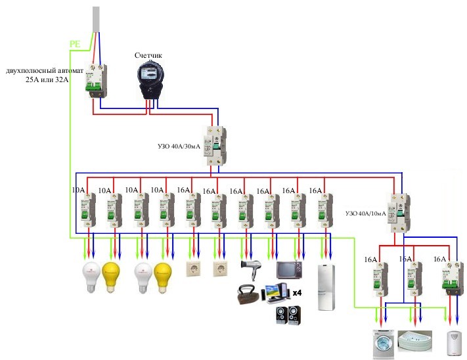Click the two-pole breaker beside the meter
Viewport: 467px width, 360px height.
[93, 80]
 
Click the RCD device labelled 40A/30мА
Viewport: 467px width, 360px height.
[215, 146]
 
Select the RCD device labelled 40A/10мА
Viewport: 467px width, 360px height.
[399, 212]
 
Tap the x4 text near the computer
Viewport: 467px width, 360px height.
[297, 292]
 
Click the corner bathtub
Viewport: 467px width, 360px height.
[414, 340]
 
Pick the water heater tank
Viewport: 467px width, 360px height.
[453, 344]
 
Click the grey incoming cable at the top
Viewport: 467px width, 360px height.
[97, 20]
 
